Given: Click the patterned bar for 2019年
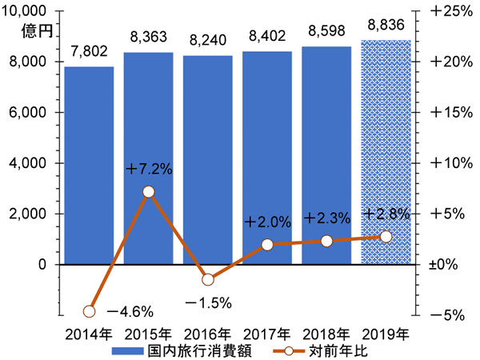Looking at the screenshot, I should coord(386,152).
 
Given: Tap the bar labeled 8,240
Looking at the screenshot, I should coord(208,160).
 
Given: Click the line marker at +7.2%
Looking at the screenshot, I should coord(149,191).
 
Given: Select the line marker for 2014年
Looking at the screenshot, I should coord(90,311).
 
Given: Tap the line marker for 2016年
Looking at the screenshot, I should coord(208,279).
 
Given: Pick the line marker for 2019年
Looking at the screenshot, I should coord(386,236).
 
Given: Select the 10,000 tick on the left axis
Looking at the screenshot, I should coord(30,11).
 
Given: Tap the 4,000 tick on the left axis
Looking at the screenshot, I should coord(34,163).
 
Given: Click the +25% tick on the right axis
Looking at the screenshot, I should coord(446,11).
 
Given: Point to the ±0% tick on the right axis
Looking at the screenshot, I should coord(443,265).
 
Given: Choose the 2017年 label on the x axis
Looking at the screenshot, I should coord(267,333).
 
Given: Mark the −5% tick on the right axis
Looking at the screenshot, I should coord(446,315).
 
